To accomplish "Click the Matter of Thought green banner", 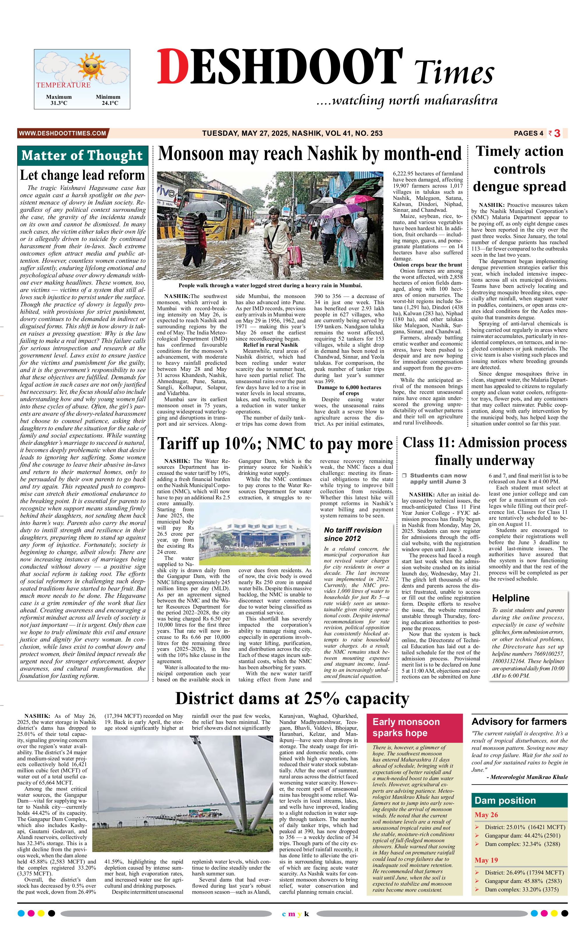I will pos(82,156).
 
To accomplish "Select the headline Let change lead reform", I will pos(82,175).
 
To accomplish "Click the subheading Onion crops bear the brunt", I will pos(428,265).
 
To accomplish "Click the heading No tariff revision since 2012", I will pos(353,534).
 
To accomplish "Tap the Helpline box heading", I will pos(510,598).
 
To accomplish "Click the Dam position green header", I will pos(519,800).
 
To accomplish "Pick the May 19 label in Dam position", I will pos(486,860).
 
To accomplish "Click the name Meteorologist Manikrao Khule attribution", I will pos(527,777).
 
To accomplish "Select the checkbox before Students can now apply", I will pos(404,476).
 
